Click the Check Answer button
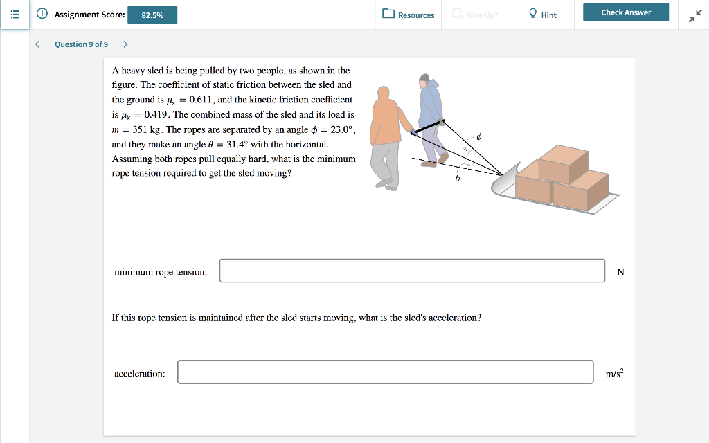pyautogui.click(x=625, y=12)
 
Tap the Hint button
pyautogui.click(x=542, y=15)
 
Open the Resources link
pyautogui.click(x=409, y=15)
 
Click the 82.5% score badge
pyautogui.click(x=152, y=15)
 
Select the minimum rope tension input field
pyautogui.click(x=412, y=271)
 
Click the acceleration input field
pyautogui.click(x=385, y=372)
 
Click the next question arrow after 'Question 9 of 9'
pyautogui.click(x=125, y=44)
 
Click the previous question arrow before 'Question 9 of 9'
pyautogui.click(x=37, y=44)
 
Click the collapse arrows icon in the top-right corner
pyautogui.click(x=694, y=15)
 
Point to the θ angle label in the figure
pyautogui.click(x=458, y=178)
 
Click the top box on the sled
pyautogui.click(x=563, y=163)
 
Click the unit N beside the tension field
pyautogui.click(x=620, y=272)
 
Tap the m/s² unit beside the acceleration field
pyautogui.click(x=614, y=374)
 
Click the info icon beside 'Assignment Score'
pyautogui.click(x=42, y=14)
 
